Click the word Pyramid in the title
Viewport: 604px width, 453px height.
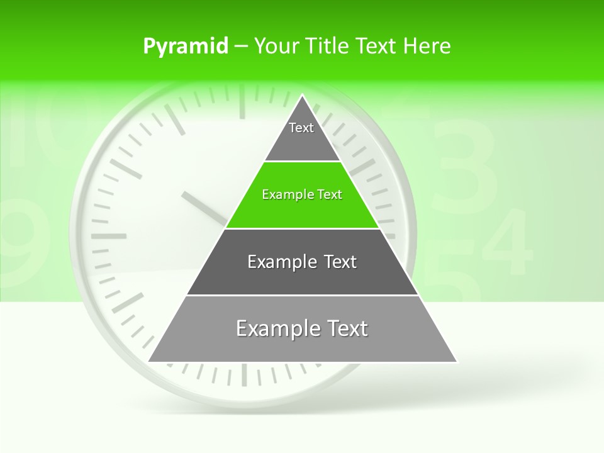[185, 47]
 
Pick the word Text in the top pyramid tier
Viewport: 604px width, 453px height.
[301, 128]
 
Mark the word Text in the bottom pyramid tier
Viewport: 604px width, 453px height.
[346, 328]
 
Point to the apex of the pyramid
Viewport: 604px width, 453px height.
[303, 96]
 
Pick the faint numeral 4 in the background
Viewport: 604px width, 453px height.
[508, 242]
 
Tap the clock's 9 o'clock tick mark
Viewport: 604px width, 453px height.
[108, 237]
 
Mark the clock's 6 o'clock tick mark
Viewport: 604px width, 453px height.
[243, 375]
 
